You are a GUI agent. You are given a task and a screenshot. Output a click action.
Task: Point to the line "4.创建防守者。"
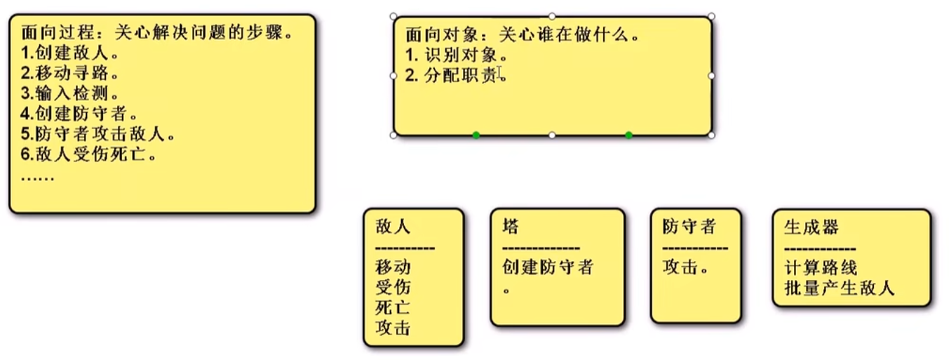pyautogui.click(x=79, y=113)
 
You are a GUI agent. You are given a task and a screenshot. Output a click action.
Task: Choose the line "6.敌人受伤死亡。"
pyautogui.click(x=88, y=154)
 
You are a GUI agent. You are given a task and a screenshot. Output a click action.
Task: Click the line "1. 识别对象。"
pyautogui.click(x=456, y=54)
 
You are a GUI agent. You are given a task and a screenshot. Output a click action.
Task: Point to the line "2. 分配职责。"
pyautogui.click(x=456, y=75)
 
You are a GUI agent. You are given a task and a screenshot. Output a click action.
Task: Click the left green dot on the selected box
pyautogui.click(x=476, y=135)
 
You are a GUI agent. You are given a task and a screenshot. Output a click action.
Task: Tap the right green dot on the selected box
pyautogui.click(x=628, y=135)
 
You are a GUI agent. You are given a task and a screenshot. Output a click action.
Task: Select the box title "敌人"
pyautogui.click(x=393, y=227)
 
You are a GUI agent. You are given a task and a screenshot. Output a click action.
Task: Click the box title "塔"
pyautogui.click(x=511, y=227)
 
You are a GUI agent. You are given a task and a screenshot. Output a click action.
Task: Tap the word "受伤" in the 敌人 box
pyautogui.click(x=393, y=287)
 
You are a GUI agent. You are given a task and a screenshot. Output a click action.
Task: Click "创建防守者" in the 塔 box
pyautogui.click(x=548, y=267)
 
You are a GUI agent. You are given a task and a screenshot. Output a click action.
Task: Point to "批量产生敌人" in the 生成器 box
pyautogui.click(x=839, y=288)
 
